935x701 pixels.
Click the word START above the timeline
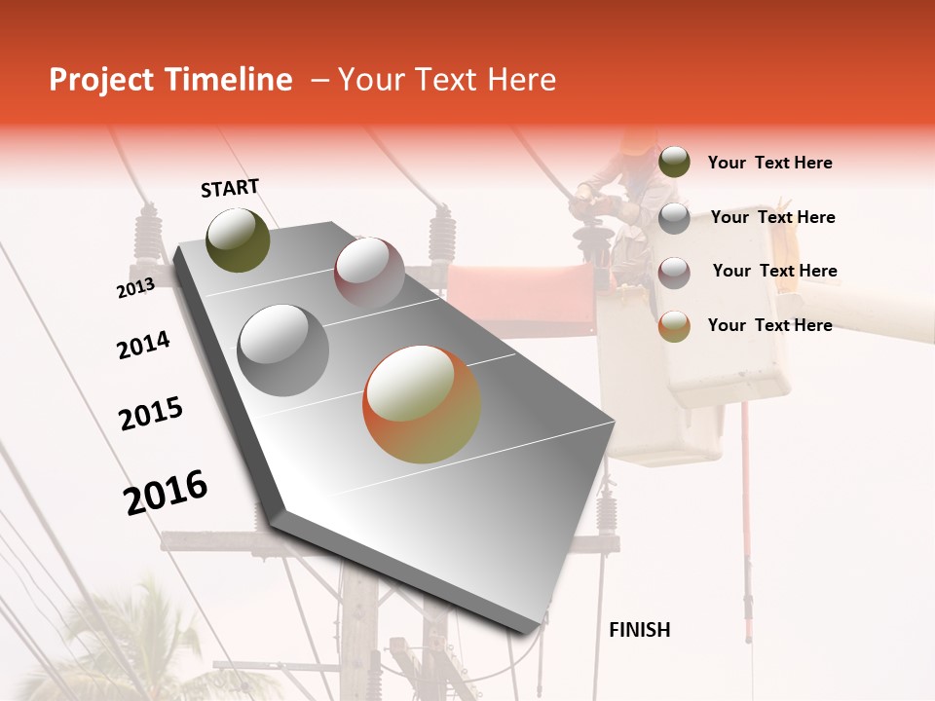(x=230, y=188)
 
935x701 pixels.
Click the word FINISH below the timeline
(x=639, y=630)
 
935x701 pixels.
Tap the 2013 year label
(x=135, y=288)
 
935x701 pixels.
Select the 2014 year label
(x=143, y=346)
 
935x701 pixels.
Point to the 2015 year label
(x=151, y=415)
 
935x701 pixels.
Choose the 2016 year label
(x=166, y=493)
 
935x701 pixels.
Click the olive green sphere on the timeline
(x=238, y=240)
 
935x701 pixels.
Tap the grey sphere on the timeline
(x=283, y=350)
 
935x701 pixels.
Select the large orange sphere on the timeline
(x=422, y=404)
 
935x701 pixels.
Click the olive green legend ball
(x=674, y=162)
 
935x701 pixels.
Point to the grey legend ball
(x=674, y=217)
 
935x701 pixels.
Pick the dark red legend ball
(x=674, y=272)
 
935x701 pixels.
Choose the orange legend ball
(x=674, y=325)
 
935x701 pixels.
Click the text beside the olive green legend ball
(x=769, y=163)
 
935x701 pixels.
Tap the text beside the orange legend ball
(x=769, y=325)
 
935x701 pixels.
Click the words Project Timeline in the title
(x=170, y=80)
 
